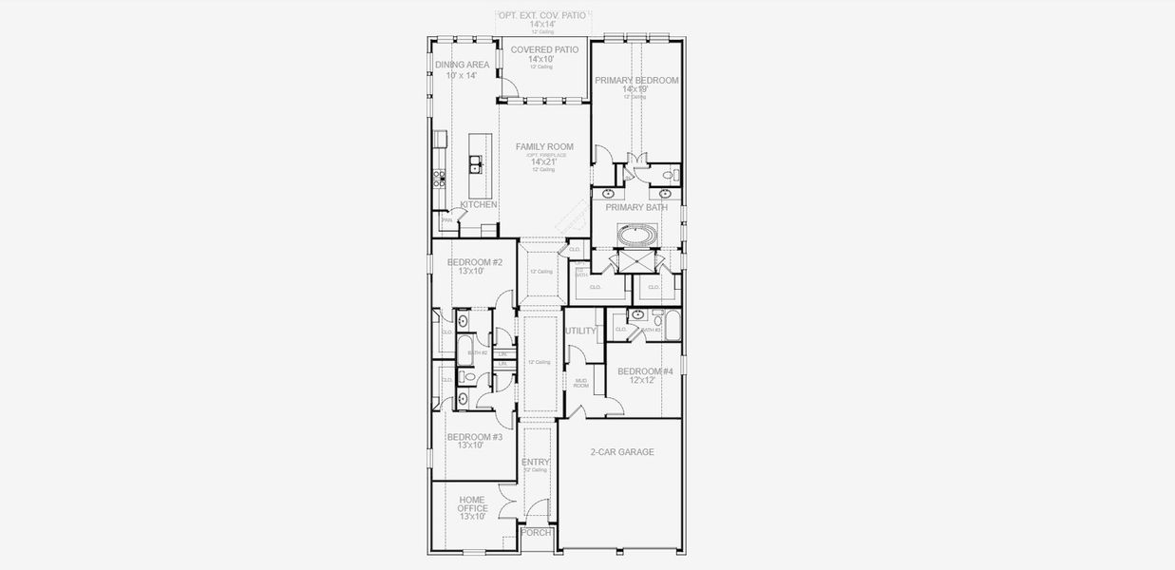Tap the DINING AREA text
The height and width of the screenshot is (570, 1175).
[x=463, y=65]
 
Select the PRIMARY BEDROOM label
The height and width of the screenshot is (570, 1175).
[x=636, y=81]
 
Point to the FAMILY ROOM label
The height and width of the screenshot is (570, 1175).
[x=544, y=146]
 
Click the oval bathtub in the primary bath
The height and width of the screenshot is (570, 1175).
[x=636, y=233]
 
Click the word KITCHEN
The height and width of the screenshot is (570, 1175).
[x=479, y=204]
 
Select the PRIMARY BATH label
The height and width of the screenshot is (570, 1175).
[x=636, y=207]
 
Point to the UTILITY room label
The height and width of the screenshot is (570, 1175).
[x=580, y=332]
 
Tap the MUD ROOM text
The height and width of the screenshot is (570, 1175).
[x=581, y=384]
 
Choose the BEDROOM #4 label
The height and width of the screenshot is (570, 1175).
[x=645, y=371]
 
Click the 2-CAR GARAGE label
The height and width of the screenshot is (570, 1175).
[x=621, y=452]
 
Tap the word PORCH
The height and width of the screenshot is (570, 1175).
[x=537, y=533]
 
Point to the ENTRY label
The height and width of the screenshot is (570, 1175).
[x=536, y=462]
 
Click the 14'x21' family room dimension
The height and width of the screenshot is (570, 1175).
[x=543, y=161]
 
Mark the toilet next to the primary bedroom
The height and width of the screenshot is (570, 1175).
[x=669, y=174]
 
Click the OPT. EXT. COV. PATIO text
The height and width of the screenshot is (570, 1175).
[x=542, y=16]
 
